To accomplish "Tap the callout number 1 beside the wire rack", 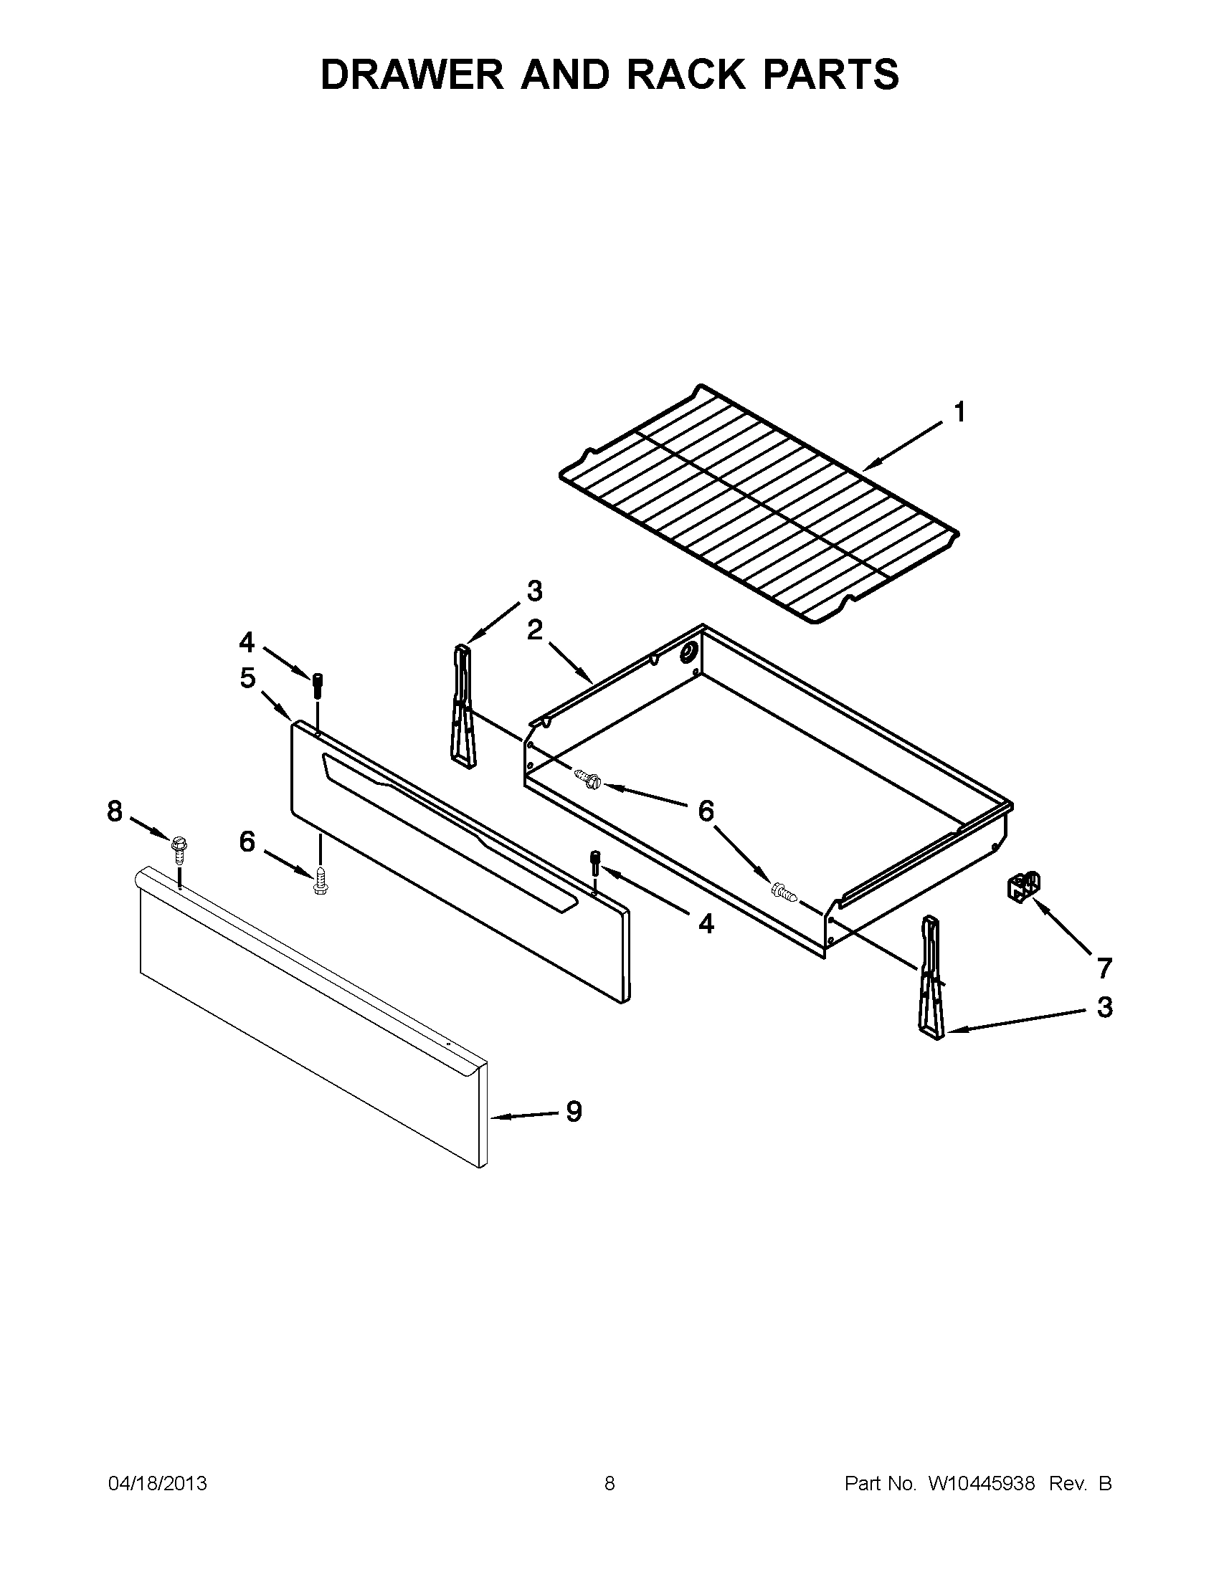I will (959, 413).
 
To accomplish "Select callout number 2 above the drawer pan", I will (534, 629).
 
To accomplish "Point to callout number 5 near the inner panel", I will (247, 678).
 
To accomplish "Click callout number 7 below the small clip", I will (1104, 968).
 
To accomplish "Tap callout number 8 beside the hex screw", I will (115, 811).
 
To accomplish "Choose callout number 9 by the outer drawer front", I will (574, 1111).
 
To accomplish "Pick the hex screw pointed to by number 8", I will (179, 849).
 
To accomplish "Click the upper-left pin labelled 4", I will (317, 685).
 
